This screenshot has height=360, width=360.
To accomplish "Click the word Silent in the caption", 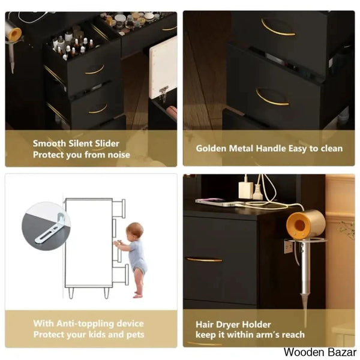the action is pyautogui.click(x=81, y=143).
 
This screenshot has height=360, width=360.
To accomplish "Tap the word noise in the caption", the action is pyautogui.click(x=119, y=155).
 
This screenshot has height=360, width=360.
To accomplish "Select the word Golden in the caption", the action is pyautogui.click(x=211, y=148).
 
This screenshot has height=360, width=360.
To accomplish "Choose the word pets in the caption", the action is pyautogui.click(x=136, y=335).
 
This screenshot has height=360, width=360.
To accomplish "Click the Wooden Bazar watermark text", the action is pyautogui.click(x=320, y=352).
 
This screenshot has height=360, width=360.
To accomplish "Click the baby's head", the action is pyautogui.click(x=135, y=231).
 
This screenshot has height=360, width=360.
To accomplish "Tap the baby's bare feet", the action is pyautogui.click(x=138, y=295).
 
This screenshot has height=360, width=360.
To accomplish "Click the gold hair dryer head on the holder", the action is pyautogui.click(x=306, y=223).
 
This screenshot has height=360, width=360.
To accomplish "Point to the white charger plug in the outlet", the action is pyautogui.click(x=245, y=190).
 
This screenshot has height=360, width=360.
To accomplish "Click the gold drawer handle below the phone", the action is pyautogui.click(x=204, y=260).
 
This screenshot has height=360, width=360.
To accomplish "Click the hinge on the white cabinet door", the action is pyautogui.click(x=164, y=92).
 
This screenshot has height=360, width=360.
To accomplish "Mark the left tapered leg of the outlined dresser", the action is pyautogui.click(x=71, y=293).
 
